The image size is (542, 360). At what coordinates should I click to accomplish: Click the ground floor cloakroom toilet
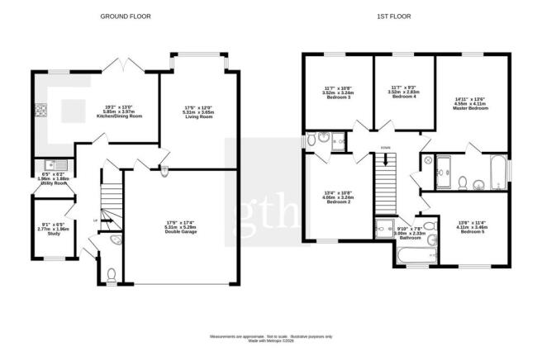[112, 273]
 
